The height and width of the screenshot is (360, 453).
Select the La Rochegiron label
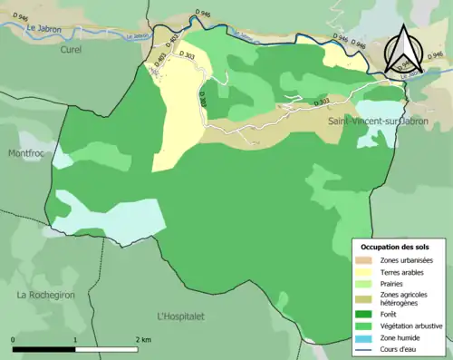pos(46,295)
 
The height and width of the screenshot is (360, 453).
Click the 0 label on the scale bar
pos(14,339)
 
